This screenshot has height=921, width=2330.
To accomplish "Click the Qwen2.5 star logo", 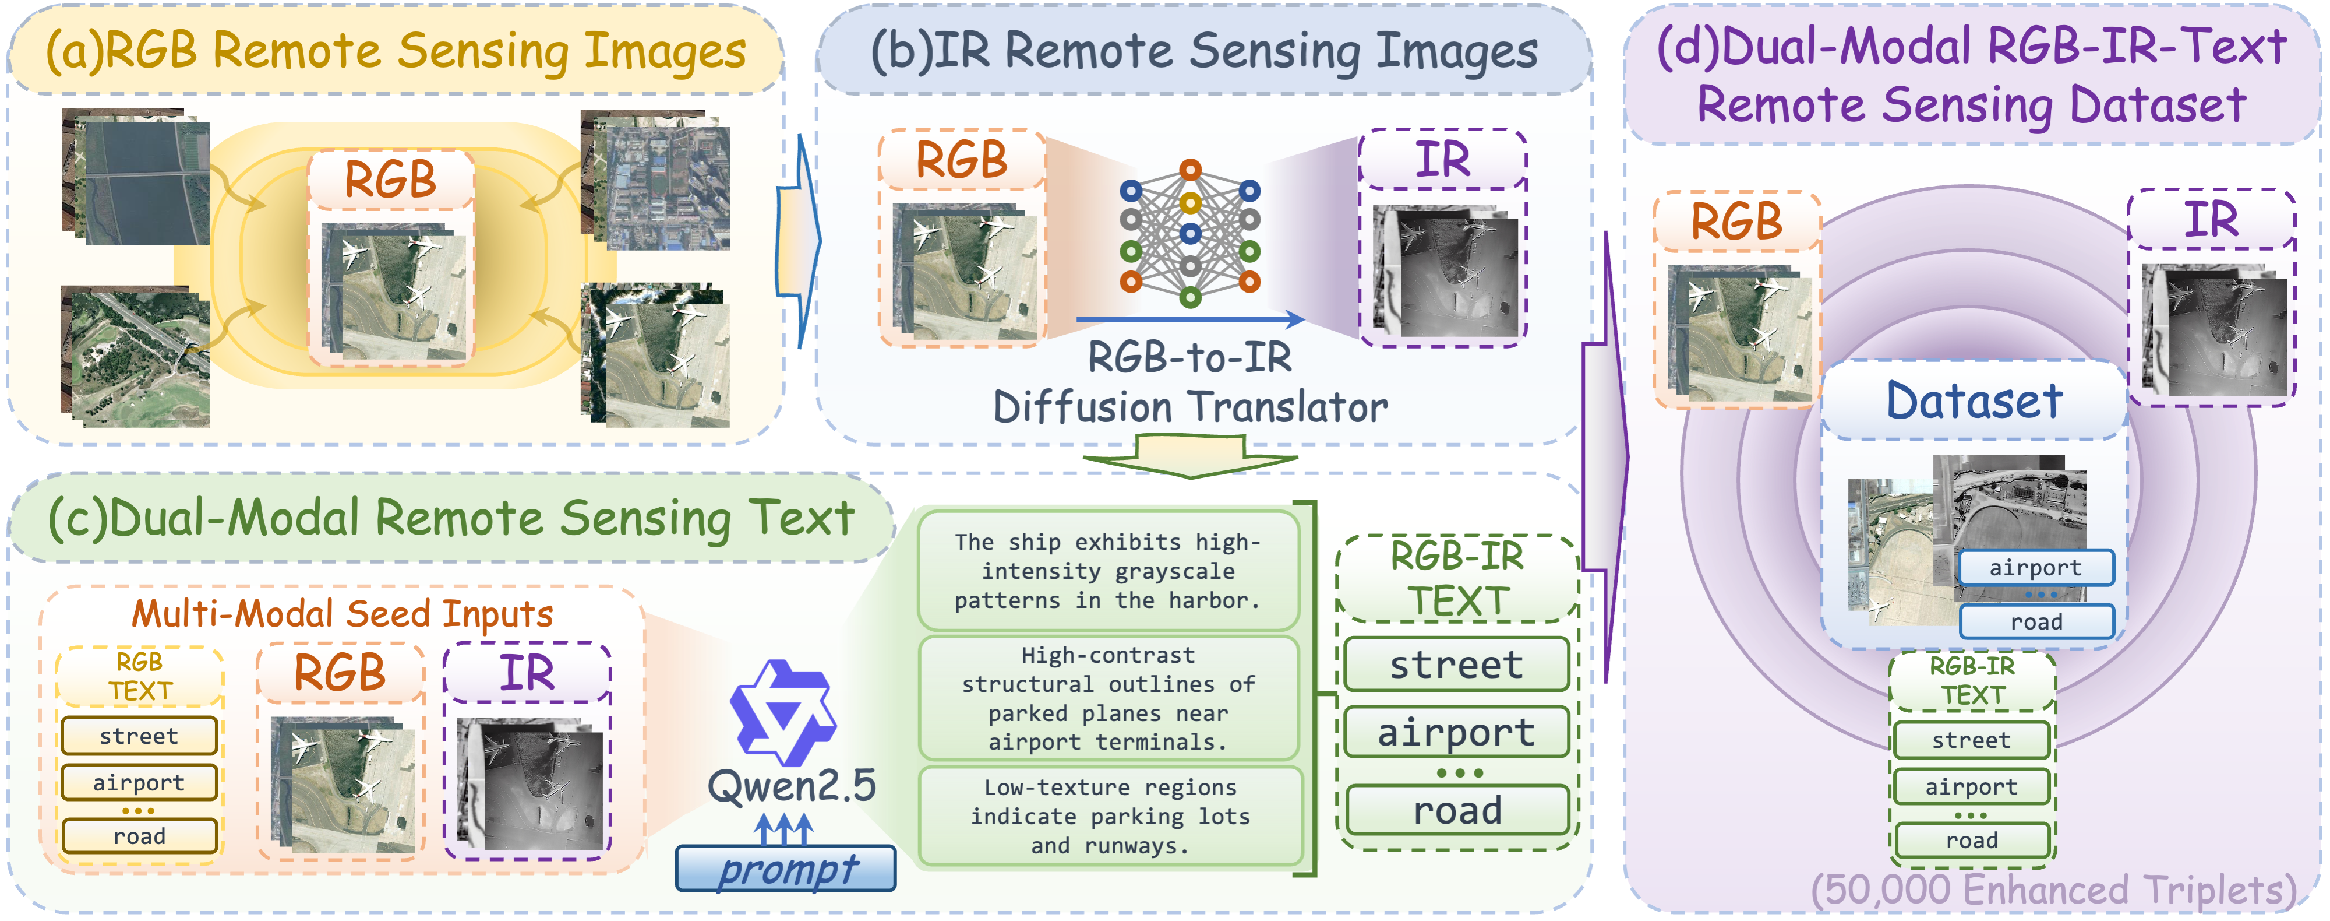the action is tap(783, 712).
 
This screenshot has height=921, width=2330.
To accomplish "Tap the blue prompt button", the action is tap(786, 869).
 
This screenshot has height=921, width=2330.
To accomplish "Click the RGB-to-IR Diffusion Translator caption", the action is tap(1190, 383).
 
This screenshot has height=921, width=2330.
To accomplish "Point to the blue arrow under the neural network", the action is tap(1190, 319).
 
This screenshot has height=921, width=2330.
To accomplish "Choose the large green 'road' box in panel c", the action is tap(1457, 810).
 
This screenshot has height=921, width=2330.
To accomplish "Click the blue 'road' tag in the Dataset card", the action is tap(2036, 621).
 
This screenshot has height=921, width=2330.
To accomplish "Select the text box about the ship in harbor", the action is tap(1108, 571).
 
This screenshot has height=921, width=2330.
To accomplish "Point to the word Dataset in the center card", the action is tap(1974, 401).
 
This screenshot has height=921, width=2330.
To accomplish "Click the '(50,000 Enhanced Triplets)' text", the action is tap(2053, 890).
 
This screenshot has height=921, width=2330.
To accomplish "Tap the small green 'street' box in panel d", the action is tap(1971, 740).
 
